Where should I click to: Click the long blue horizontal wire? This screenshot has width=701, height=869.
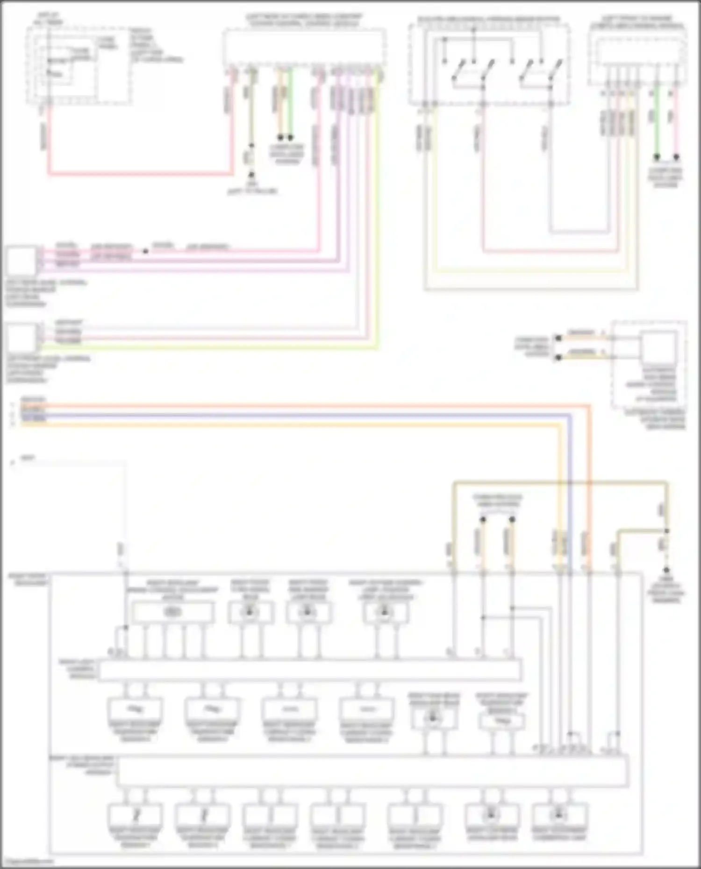pos(280,415)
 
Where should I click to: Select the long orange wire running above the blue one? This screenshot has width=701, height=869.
pos(280,406)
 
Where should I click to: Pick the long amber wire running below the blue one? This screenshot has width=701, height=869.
pos(280,424)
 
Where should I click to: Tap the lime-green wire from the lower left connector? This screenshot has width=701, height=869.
pos(210,348)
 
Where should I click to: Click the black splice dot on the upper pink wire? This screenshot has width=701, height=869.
pos(145,251)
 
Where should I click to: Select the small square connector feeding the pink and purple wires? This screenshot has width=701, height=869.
pos(21,261)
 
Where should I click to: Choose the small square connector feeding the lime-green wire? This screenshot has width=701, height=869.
pos(21,338)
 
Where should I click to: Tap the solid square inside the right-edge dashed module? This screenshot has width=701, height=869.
pos(658,348)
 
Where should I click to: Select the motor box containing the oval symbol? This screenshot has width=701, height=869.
pos(173,612)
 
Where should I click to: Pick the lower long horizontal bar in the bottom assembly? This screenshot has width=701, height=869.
pos(372,772)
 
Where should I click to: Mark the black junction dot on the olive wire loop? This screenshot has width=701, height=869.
pos(667,531)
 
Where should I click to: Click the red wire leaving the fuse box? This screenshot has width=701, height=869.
pos(140,175)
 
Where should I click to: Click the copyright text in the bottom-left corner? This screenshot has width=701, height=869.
pos(27,862)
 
